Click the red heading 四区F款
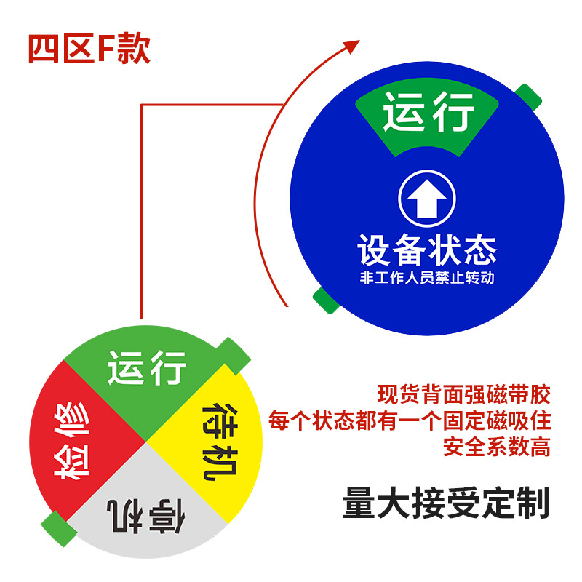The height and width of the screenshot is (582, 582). (x=89, y=49)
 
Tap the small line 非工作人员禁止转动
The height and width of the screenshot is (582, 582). (x=427, y=279)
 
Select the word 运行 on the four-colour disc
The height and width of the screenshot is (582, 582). (x=148, y=367)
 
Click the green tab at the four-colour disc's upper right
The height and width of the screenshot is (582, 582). (x=235, y=353)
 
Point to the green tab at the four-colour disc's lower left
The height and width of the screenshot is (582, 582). (x=57, y=527)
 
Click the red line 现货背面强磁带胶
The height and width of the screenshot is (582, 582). (x=464, y=396)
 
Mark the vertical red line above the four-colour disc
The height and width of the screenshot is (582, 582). (x=140, y=218)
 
